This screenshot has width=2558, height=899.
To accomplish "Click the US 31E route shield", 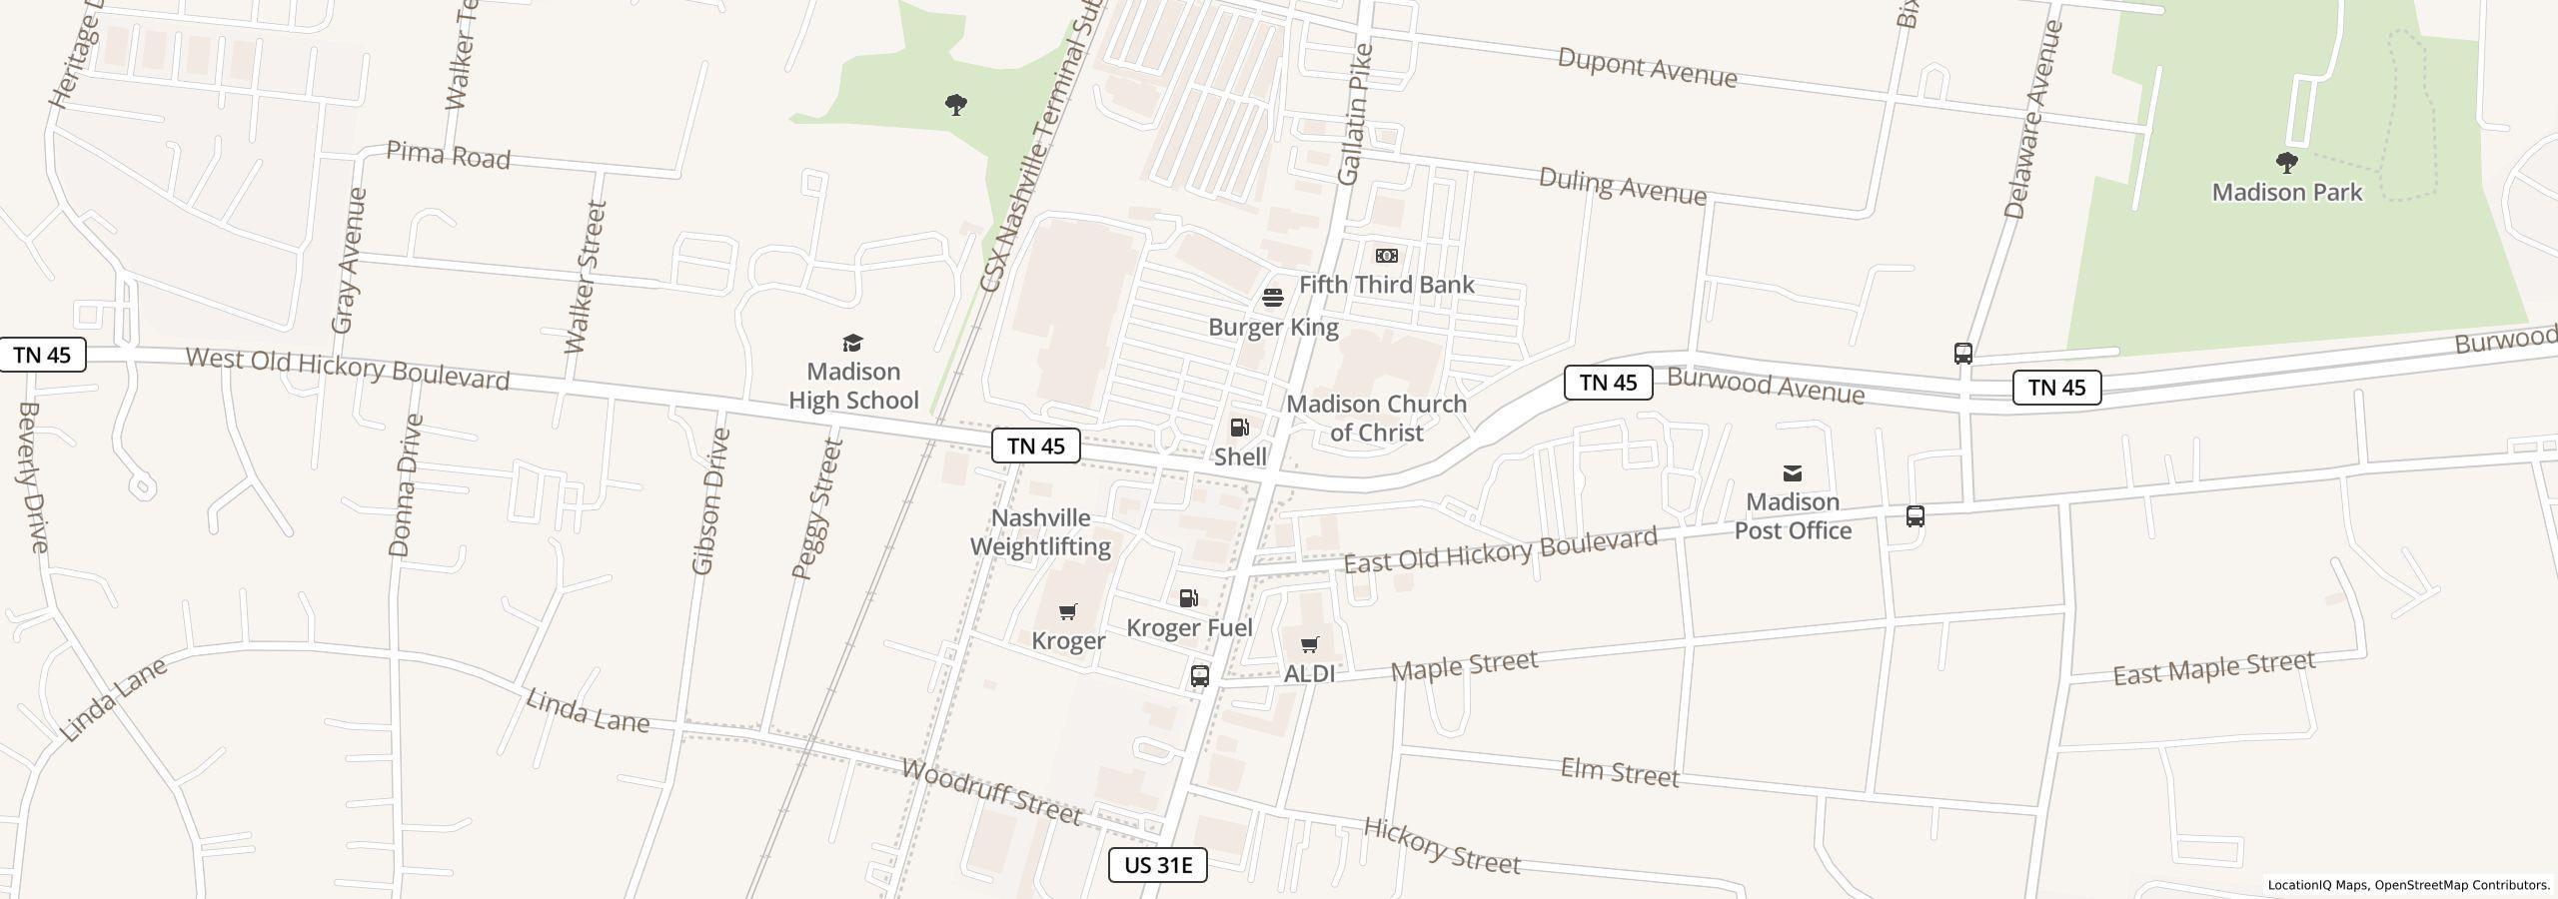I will (x=1157, y=865).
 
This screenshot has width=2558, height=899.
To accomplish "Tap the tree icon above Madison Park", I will (x=2286, y=163).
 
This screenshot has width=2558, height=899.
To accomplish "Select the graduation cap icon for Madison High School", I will (x=852, y=344).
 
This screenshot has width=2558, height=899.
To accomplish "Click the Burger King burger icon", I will (x=1273, y=298).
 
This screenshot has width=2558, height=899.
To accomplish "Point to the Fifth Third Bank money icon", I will (x=1386, y=256).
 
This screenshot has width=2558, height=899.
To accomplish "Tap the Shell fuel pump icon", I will (x=1239, y=428).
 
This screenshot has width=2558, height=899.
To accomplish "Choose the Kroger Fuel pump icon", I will (x=1189, y=598).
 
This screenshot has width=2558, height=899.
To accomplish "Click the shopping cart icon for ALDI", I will (x=1309, y=644).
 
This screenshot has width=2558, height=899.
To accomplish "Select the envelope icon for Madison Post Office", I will (x=1793, y=472).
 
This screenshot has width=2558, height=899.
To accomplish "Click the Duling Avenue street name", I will (x=1622, y=186).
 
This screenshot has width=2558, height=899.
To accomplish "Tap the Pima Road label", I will (x=448, y=156).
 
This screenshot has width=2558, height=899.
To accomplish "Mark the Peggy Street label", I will (x=818, y=509).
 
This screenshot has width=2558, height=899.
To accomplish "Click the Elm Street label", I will (x=1620, y=772).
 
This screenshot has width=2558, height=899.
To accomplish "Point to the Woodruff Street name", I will (x=991, y=791).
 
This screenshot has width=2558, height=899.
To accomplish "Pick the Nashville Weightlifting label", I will (x=1040, y=532).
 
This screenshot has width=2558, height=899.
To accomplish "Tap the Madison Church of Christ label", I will (x=1376, y=418).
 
